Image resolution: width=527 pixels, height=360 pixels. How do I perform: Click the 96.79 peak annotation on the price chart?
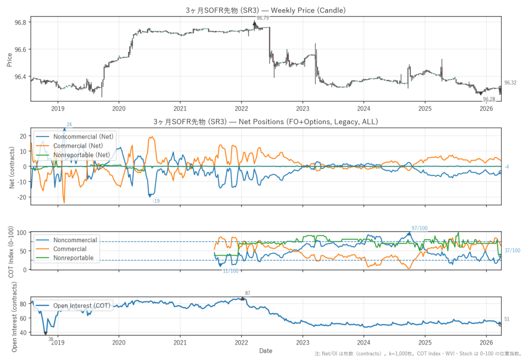click(262, 18)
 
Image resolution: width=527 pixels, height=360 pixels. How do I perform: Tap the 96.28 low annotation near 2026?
click(489, 99)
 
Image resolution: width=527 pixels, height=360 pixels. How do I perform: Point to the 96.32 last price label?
click(510, 82)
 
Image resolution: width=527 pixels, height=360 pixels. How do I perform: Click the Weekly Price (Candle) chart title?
click(266, 10)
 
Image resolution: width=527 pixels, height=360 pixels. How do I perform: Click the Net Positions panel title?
click(266, 122)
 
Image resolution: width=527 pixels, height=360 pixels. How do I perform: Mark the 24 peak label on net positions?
click(69, 124)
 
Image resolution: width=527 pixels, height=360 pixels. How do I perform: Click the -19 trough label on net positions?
click(156, 201)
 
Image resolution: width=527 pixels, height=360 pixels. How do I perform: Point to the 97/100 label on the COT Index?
click(419, 228)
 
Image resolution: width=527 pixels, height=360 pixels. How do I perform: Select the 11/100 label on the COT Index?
click(231, 271)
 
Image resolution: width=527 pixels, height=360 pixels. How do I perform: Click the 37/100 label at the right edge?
click(512, 251)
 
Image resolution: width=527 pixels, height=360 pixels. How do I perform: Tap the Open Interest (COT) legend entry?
click(82, 305)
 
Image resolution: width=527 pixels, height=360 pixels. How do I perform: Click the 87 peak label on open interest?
click(248, 293)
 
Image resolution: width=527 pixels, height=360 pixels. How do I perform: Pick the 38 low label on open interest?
click(51, 339)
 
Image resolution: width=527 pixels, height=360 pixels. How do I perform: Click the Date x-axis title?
click(266, 351)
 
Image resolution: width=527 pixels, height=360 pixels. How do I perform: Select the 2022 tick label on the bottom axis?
click(241, 342)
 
